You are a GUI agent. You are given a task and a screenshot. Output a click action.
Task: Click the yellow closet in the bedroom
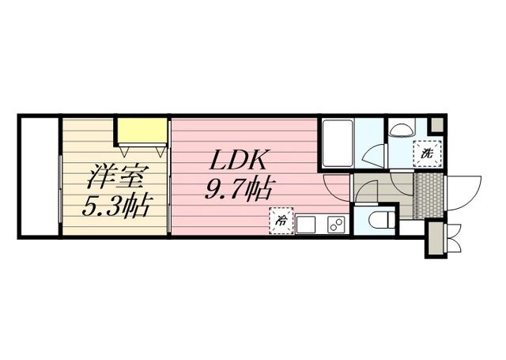pos(142,130)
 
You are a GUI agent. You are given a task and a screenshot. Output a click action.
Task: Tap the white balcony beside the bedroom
pos(39,176)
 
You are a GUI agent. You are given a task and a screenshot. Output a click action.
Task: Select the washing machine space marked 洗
pos(428,153)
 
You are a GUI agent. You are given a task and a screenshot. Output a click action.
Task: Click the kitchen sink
pos(305,224)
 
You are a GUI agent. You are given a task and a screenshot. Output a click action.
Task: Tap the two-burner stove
pos(334,224)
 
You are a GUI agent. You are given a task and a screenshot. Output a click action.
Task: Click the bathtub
pos(337,143)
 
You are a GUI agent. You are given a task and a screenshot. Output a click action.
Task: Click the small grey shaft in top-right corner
pos(436,124)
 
